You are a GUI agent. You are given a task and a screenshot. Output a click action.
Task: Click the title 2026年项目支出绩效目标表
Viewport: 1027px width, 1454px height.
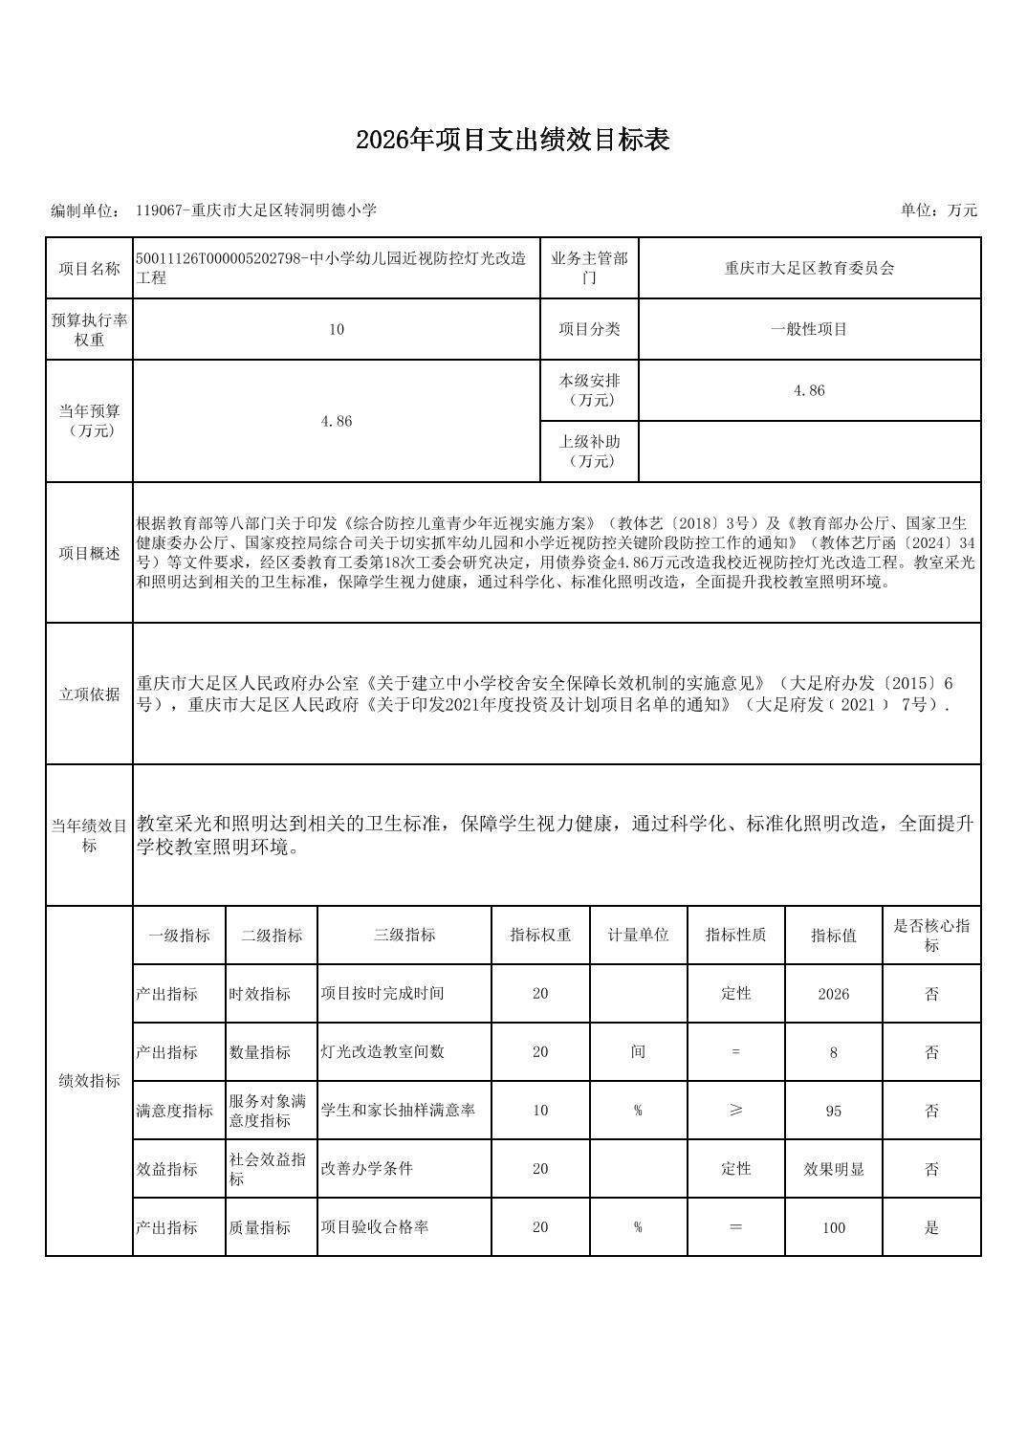(513, 141)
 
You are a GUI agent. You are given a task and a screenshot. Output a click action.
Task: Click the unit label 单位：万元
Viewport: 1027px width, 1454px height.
(938, 210)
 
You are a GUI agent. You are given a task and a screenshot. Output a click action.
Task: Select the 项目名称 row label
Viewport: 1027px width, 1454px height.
(89, 269)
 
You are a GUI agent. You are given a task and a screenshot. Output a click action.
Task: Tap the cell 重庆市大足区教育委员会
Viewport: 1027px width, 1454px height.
(809, 269)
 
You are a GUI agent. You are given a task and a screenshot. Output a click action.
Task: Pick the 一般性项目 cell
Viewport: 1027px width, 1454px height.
(809, 329)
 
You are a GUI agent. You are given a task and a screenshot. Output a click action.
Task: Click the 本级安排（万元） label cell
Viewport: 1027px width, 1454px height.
(589, 390)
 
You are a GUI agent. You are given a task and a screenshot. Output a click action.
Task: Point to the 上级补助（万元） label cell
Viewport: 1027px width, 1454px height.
(589, 452)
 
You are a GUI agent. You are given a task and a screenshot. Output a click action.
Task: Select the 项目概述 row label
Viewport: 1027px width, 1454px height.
(89, 553)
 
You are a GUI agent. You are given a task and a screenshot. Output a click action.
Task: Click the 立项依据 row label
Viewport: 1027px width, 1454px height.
(89, 694)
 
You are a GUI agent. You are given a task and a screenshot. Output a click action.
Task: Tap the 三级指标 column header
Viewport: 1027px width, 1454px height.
(404, 936)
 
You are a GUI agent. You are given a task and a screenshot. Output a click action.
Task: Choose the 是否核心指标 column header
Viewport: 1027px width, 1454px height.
(931, 936)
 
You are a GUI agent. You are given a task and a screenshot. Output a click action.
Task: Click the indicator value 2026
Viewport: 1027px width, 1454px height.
(833, 994)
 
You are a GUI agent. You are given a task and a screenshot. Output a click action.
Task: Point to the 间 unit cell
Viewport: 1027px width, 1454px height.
(638, 1052)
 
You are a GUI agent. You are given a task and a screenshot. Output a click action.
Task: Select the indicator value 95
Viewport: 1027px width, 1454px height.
(833, 1111)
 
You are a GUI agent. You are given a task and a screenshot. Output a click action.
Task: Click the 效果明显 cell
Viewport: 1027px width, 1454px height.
(833, 1169)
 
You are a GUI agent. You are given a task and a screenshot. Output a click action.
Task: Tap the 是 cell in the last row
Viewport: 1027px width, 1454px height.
(931, 1227)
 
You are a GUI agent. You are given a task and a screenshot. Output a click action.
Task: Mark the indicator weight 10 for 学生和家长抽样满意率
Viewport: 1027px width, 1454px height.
(540, 1111)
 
